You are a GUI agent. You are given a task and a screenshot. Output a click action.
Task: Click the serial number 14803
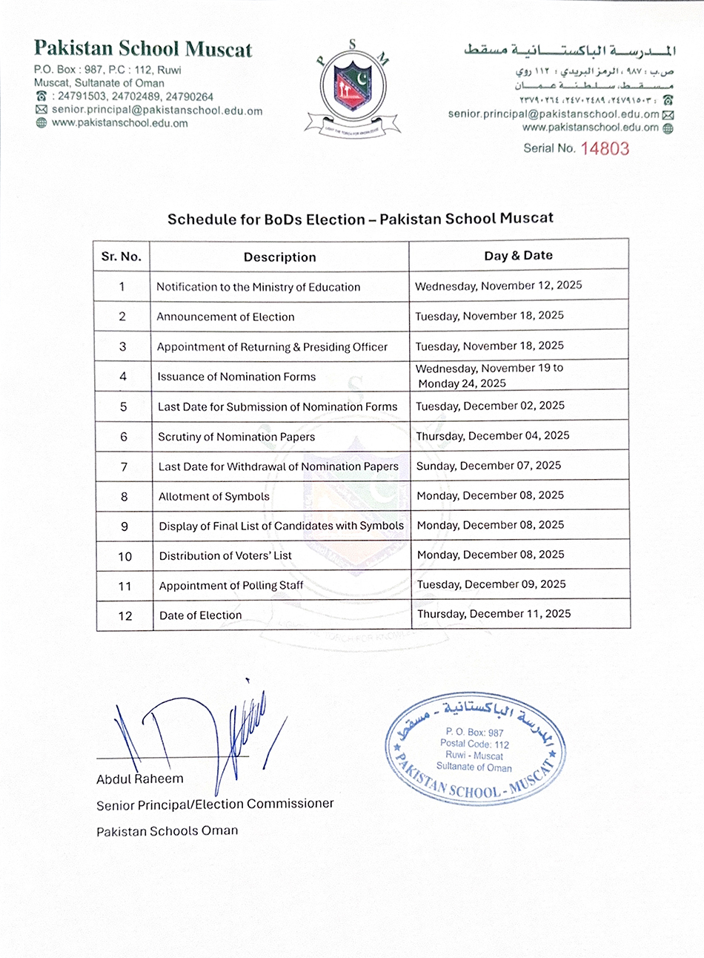click(x=605, y=148)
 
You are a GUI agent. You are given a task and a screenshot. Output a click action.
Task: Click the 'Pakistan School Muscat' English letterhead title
click(x=143, y=49)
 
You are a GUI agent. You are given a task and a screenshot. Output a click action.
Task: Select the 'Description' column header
click(x=279, y=257)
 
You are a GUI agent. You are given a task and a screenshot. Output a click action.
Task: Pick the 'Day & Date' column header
click(x=518, y=256)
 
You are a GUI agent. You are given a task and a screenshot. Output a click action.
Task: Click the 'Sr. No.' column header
click(x=122, y=257)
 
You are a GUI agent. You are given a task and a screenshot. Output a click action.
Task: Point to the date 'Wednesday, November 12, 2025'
click(x=498, y=286)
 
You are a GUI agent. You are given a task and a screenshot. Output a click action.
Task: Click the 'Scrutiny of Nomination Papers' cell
click(x=236, y=437)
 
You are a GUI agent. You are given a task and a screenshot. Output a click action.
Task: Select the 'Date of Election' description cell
click(x=200, y=615)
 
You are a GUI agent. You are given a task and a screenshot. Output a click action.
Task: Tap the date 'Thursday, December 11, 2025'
click(x=494, y=614)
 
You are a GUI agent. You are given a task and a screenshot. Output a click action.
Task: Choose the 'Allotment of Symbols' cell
click(x=213, y=497)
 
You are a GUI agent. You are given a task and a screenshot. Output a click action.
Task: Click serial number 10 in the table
click(x=124, y=556)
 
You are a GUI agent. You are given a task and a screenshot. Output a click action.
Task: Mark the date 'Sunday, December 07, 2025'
click(x=488, y=466)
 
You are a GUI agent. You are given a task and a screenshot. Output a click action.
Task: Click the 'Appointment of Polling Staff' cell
click(x=231, y=586)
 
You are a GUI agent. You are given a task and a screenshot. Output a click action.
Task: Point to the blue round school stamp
click(x=474, y=750)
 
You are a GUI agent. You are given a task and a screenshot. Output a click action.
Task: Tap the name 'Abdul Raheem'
click(x=139, y=779)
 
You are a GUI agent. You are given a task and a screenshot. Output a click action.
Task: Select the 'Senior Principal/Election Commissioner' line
click(x=215, y=804)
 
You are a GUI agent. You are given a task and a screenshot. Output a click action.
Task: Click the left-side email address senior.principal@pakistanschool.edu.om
click(x=156, y=110)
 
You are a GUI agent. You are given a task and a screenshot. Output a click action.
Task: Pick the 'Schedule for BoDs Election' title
click(x=360, y=219)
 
